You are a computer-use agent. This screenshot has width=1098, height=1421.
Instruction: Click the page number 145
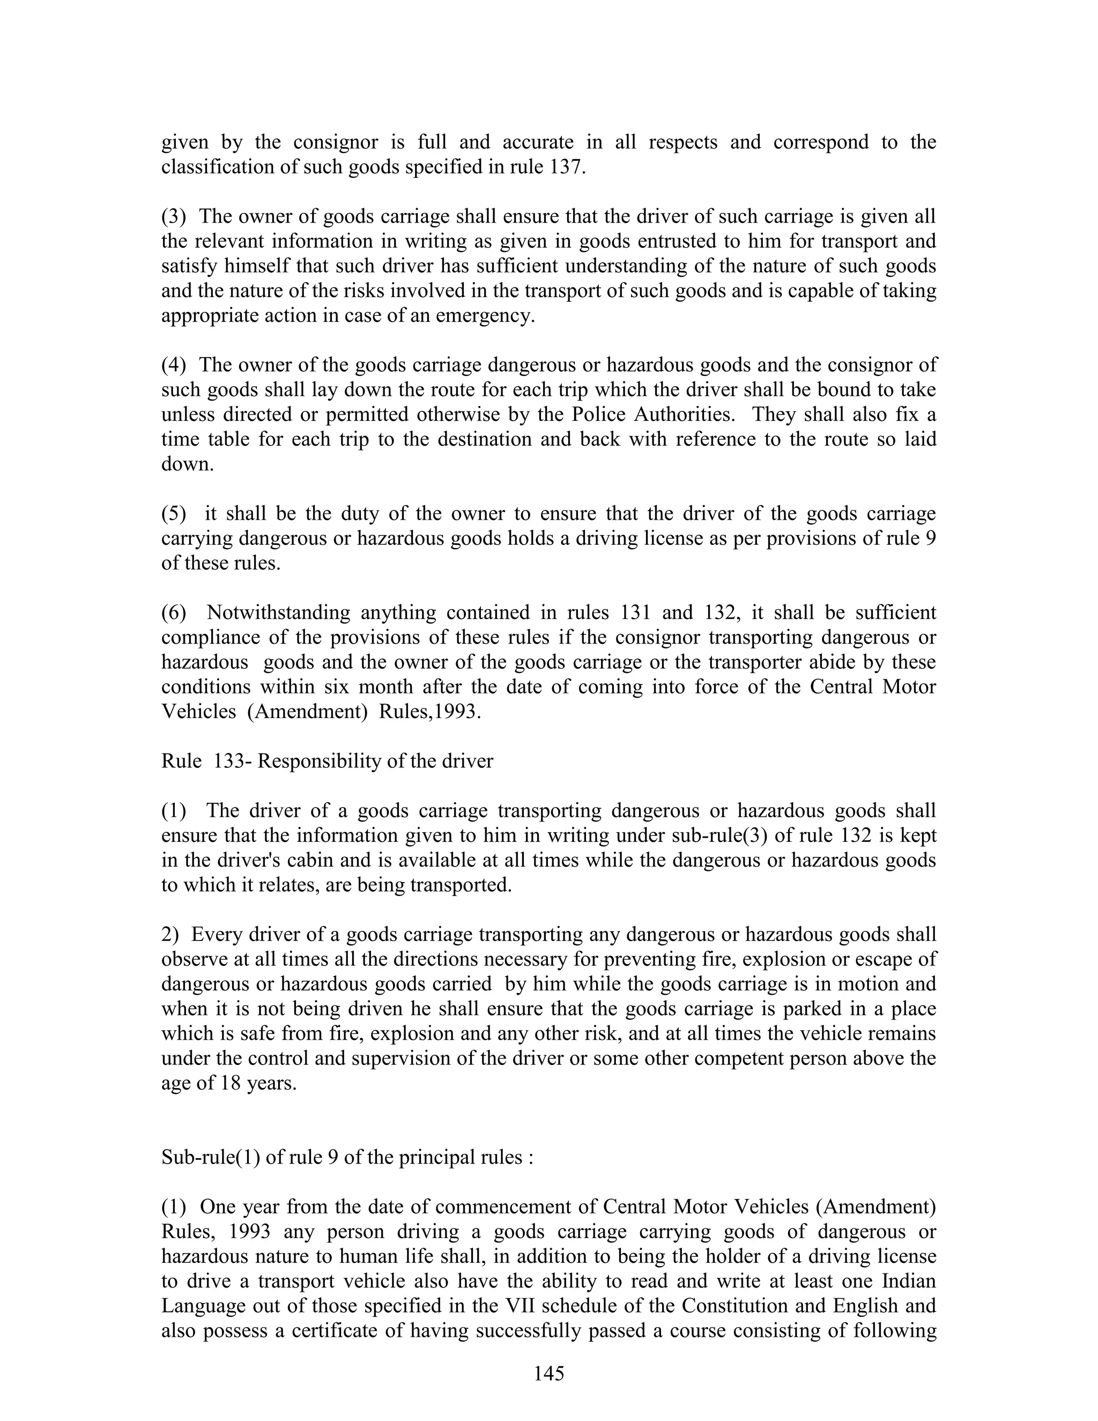pos(548,1373)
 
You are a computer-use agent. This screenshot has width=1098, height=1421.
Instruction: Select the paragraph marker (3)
pos(174,217)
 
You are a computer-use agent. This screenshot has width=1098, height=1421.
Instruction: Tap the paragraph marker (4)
pos(174,365)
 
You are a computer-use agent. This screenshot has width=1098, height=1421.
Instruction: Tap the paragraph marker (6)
pos(174,612)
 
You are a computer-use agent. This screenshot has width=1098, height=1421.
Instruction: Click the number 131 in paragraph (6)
pos(637,612)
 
